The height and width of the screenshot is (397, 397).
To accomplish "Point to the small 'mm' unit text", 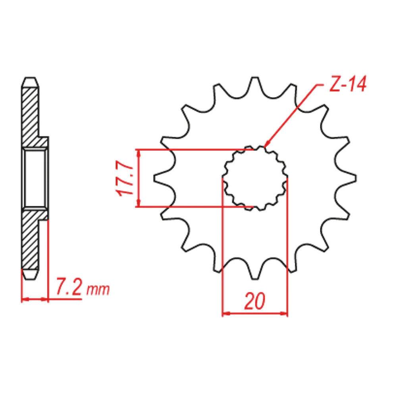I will point(98,289).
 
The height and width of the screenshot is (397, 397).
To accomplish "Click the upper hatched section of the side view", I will point(31,115).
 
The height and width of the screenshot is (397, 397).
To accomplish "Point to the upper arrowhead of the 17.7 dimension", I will point(138,153).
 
